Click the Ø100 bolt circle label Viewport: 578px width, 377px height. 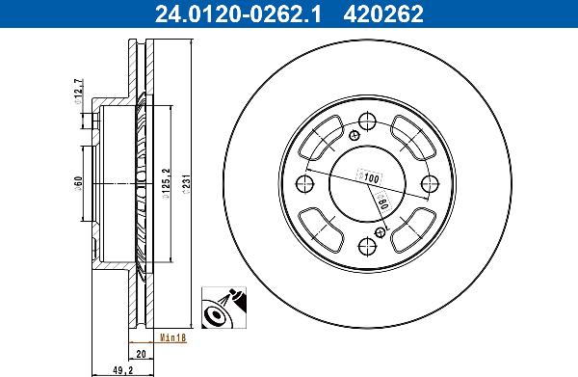(x=370, y=177)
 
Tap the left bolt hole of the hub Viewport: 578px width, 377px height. (x=304, y=183)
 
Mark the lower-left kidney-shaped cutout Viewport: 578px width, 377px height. (x=324, y=226)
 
